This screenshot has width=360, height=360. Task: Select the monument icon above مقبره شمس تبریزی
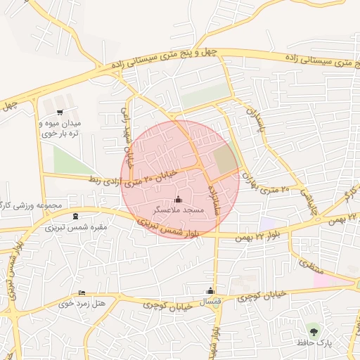76,215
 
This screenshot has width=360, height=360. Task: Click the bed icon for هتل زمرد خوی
82,292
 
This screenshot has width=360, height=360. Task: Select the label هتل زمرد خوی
82,304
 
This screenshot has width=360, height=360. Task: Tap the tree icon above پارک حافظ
313,330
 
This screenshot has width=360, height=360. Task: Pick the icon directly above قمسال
210,291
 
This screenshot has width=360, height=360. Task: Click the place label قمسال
211,302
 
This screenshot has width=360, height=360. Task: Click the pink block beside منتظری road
330,279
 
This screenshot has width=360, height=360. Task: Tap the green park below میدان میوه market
72,160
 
